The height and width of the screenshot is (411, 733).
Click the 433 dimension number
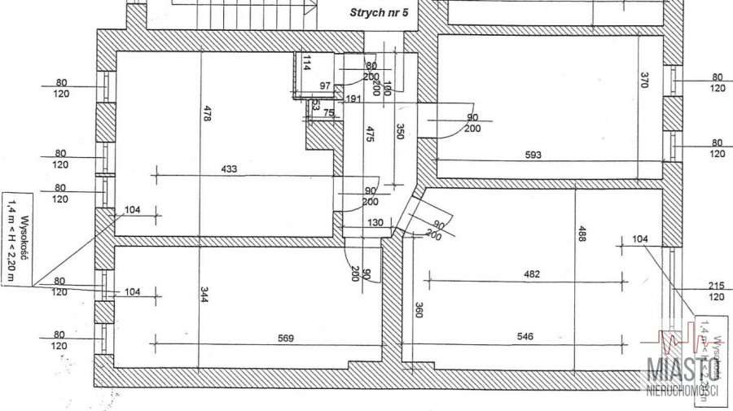click(x=228, y=169)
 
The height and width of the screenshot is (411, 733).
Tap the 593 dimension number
click(x=533, y=155)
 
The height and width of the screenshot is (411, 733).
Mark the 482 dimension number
click(x=531, y=274)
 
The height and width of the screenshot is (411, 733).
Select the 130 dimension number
click(x=375, y=223)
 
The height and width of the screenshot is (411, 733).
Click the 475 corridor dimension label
click(x=370, y=135)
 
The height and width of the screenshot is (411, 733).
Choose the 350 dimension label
click(x=399, y=132)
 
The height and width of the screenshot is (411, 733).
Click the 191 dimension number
click(x=353, y=99)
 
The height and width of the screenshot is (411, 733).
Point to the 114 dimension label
click(x=306, y=64)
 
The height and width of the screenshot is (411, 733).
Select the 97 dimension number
click(x=326, y=86)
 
